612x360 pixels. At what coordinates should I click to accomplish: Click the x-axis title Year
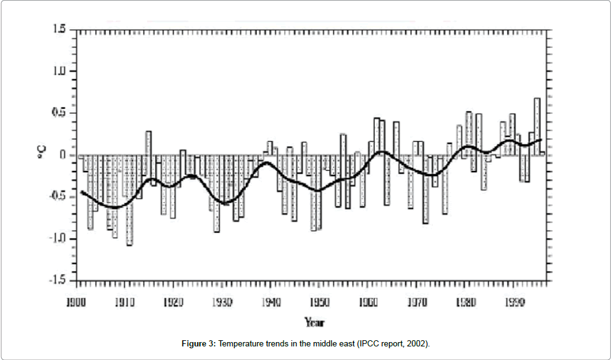coord(314,322)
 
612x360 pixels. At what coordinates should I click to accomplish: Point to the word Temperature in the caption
coord(238,343)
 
